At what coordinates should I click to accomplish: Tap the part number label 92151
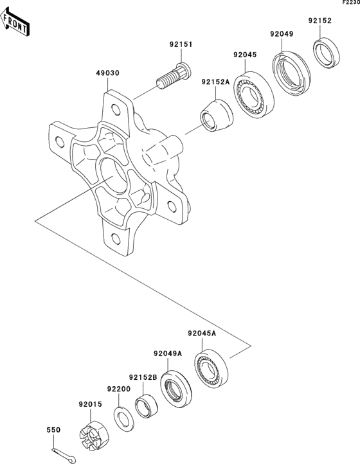(x=181, y=45)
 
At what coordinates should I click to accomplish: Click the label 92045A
(x=202, y=334)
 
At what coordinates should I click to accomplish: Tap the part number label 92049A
(x=168, y=353)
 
